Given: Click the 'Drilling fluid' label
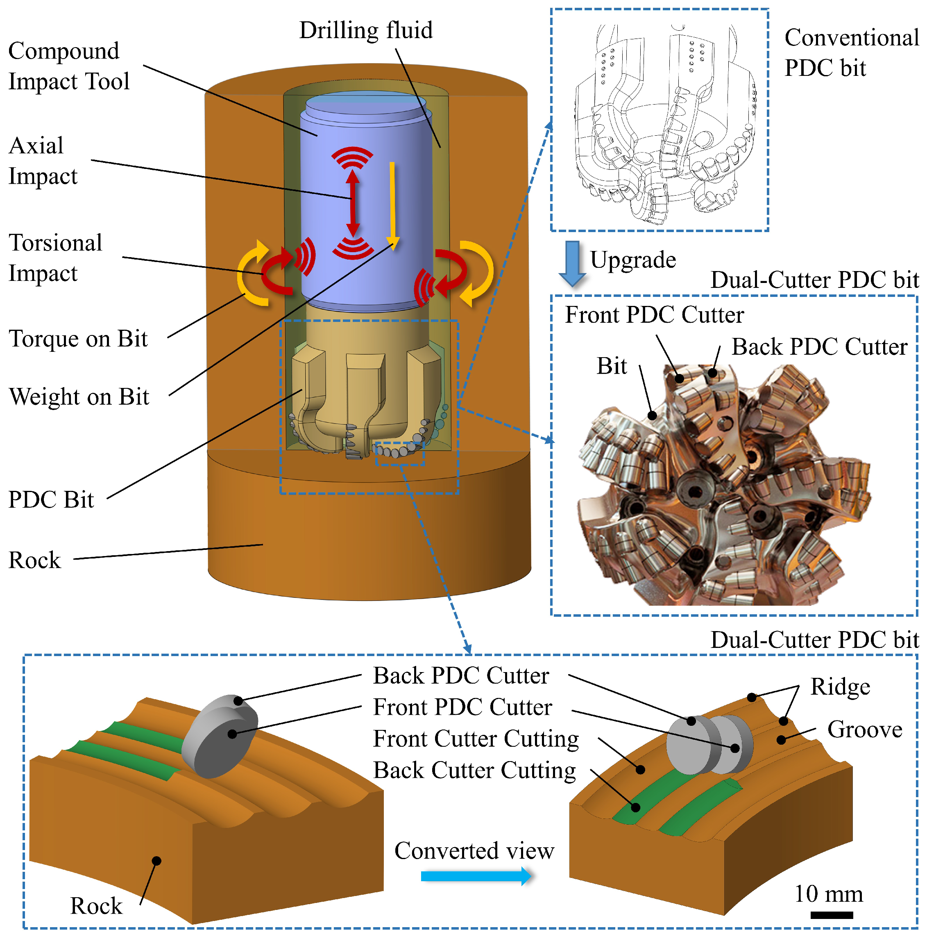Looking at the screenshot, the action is [366, 30].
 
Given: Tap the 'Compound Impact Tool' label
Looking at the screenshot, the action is [69, 66].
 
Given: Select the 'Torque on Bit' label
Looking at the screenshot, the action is [78, 339].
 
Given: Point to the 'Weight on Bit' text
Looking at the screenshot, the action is [79, 397].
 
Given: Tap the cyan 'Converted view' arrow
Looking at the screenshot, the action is [476, 876].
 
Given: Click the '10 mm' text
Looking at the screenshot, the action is [829, 894].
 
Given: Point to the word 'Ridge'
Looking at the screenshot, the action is [840, 687].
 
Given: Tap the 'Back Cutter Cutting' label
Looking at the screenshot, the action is [474, 770].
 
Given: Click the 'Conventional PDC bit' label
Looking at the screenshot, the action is [851, 52].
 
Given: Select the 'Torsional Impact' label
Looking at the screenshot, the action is [56, 258].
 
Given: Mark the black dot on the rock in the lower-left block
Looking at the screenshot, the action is [156, 861].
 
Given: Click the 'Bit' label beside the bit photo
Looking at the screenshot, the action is [612, 366].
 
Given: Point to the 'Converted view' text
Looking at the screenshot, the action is [474, 850].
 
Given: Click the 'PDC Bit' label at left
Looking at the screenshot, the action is [51, 499].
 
